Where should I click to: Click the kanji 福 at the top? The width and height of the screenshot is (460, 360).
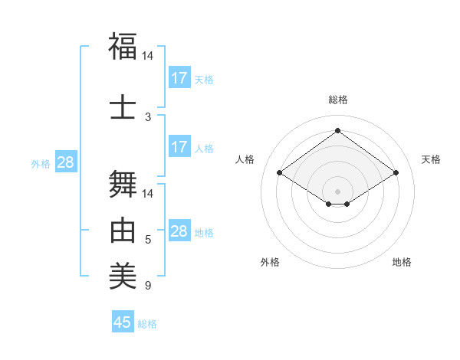[123, 47]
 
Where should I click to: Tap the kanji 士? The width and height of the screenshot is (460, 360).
[123, 106]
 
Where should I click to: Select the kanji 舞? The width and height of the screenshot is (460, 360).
[123, 183]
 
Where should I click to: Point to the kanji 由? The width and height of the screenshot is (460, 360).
[123, 231]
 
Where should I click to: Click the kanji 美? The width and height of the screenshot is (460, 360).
[123, 277]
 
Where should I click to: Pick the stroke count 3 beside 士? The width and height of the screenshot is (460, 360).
[148, 116]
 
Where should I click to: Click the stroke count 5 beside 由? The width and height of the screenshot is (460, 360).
[148, 241]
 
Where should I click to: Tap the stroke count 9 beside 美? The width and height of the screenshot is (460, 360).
[148, 286]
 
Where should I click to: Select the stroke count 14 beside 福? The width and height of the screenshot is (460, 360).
[148, 57]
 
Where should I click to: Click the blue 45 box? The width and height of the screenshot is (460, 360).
[123, 322]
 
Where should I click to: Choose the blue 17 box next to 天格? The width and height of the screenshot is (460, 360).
[179, 77]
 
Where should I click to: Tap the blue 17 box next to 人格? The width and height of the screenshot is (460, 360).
[179, 147]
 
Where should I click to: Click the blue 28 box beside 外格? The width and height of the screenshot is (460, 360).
[65, 162]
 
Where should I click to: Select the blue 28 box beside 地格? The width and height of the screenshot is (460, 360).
[179, 231]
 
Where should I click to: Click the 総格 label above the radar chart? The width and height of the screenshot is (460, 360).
[338, 100]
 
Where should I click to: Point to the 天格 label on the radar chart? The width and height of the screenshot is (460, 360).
[432, 159]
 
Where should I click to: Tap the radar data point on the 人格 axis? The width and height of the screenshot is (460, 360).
[280, 173]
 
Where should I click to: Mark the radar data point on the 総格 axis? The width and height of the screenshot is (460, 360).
[337, 130]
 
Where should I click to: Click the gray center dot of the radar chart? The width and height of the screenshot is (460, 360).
[337, 190]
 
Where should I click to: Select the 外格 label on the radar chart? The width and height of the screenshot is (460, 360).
[270, 262]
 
